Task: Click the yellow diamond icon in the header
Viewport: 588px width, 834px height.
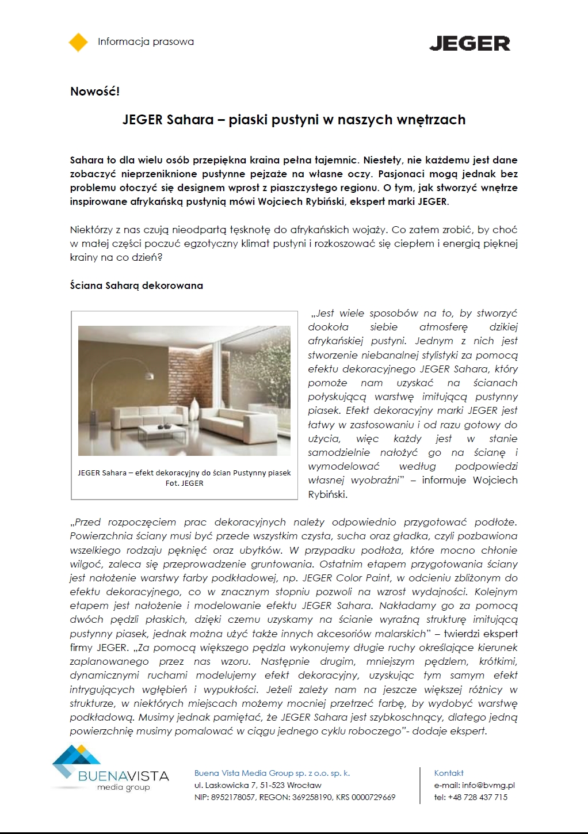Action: pos(78,42)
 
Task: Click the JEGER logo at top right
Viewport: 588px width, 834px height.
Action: pos(469,43)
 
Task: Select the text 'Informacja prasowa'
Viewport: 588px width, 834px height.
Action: pos(146,41)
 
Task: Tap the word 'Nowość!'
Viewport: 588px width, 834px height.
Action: pos(95,91)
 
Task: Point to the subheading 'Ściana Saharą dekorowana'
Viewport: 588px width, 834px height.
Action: pos(136,285)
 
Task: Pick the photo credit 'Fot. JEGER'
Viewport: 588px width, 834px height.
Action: pos(184,483)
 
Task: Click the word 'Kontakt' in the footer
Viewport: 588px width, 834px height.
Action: pos(449,773)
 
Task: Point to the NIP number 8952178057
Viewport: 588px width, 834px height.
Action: pos(234,797)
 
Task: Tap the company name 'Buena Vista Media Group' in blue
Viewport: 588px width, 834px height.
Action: pos(243,773)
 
